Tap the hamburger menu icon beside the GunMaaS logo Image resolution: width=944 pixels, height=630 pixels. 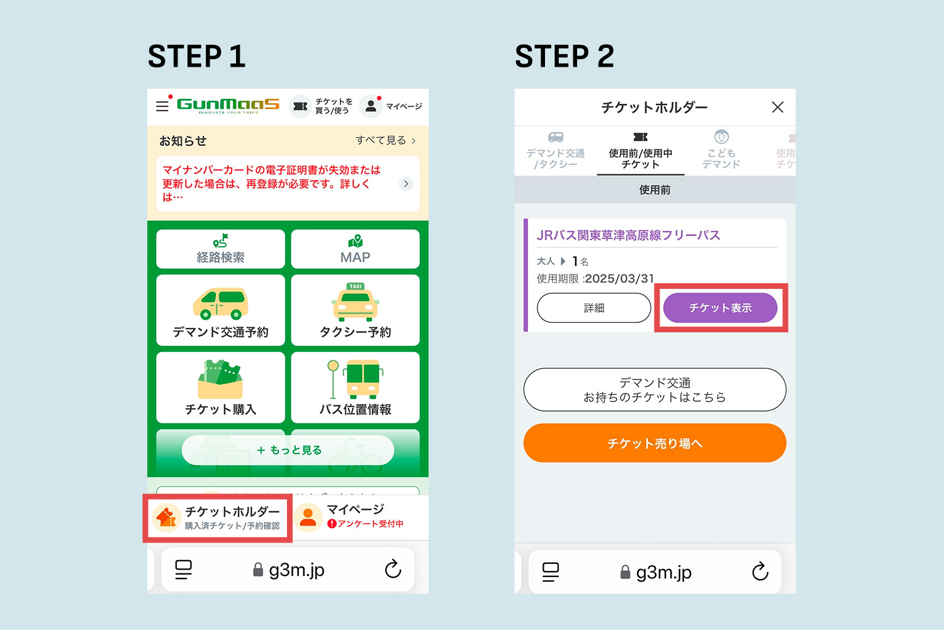[162, 106]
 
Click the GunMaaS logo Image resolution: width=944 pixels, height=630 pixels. [228, 105]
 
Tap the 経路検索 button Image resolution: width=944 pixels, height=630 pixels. [220, 249]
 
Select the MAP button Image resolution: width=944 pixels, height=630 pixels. [355, 249]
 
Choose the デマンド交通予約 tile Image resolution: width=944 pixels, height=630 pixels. [220, 310]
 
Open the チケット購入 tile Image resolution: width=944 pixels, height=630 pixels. [220, 387]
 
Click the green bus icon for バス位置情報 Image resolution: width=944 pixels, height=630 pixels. [362, 379]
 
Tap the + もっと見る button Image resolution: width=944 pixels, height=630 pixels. [288, 450]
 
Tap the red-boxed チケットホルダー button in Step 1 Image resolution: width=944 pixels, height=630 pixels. [218, 518]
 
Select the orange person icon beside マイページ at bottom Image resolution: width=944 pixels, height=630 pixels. [308, 517]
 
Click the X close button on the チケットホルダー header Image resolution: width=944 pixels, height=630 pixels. [778, 108]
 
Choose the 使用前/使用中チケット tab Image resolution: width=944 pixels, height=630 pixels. [640, 151]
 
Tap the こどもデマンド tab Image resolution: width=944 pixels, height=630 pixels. [721, 151]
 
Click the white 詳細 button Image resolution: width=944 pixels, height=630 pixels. [593, 308]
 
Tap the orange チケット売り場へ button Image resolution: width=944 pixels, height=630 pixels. [655, 443]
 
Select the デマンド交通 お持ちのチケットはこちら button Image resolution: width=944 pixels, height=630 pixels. [655, 390]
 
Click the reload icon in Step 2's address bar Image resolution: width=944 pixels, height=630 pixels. [760, 571]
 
